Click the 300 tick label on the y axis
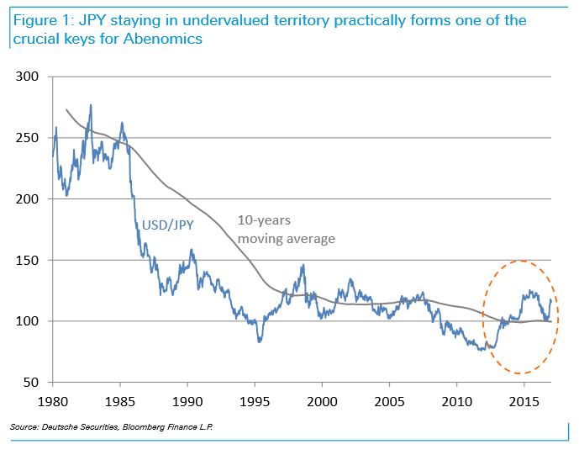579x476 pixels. pos(26,77)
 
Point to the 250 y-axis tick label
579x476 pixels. pos(26,139)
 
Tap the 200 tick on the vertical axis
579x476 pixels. pos(26,199)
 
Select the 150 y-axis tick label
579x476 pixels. pos(26,261)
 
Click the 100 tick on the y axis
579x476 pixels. pos(26,321)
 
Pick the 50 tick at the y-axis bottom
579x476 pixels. pos(30,383)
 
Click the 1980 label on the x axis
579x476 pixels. pos(52,401)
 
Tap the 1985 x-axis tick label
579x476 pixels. pos(119,401)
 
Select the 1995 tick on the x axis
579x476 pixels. pos(255,401)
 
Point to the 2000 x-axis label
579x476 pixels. pos(322,401)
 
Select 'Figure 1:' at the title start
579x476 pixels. pos(39,19)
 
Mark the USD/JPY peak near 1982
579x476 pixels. pos(91,105)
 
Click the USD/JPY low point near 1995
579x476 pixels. pos(260,341)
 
